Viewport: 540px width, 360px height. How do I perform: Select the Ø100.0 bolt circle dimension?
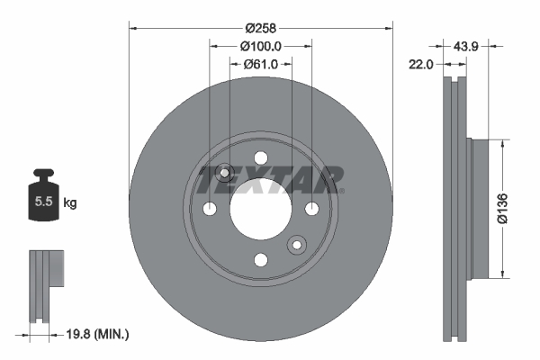click(x=261, y=46)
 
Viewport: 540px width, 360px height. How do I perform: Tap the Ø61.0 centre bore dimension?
click(x=261, y=64)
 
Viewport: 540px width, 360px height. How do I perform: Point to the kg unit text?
click(x=69, y=203)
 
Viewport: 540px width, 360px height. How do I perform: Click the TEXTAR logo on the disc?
click(x=271, y=179)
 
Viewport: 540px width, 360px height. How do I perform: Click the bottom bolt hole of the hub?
click(x=261, y=260)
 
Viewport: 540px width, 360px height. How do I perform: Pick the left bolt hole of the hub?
click(x=210, y=209)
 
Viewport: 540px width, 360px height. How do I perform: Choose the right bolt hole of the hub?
click(x=312, y=209)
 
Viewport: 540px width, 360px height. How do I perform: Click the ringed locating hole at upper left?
click(x=225, y=173)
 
